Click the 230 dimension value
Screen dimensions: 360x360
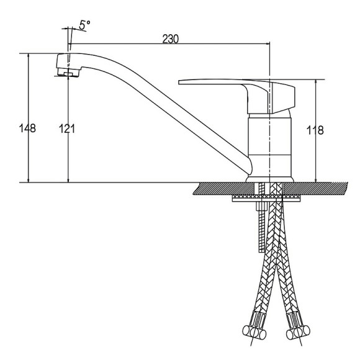click(170, 39)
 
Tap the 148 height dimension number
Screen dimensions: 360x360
click(27, 128)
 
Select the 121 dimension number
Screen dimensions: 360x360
click(67, 128)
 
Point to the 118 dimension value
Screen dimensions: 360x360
click(315, 130)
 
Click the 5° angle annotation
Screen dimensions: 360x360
click(84, 25)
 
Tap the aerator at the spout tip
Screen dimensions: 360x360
click(68, 73)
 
